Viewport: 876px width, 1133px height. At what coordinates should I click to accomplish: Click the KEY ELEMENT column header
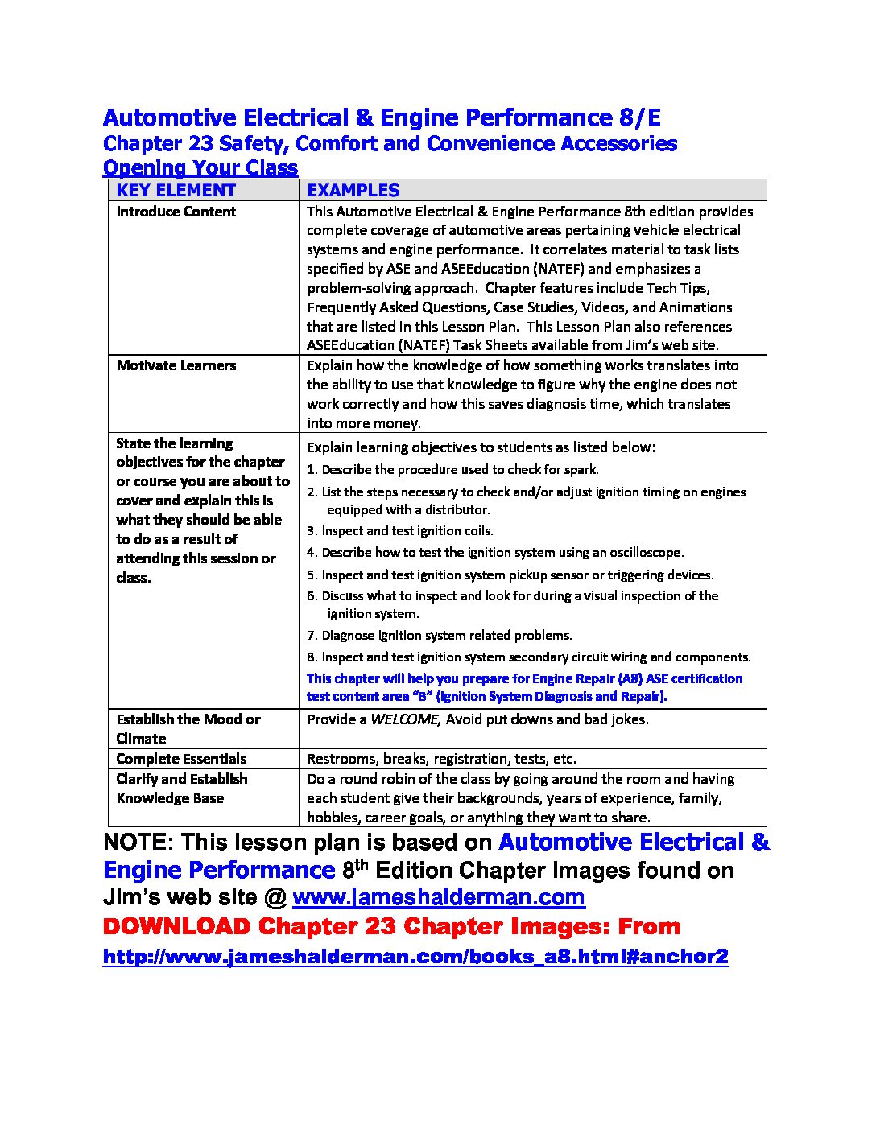tap(176, 191)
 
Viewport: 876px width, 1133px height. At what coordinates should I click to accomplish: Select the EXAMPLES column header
tap(353, 191)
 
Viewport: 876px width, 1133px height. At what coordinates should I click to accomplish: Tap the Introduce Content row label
tap(176, 212)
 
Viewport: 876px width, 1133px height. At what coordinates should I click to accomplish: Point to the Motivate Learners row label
tap(176, 365)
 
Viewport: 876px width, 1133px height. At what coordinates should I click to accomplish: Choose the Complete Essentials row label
tap(181, 759)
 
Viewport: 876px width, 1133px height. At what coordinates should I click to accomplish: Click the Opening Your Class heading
tap(200, 168)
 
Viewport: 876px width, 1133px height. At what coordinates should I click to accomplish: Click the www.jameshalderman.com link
tap(438, 897)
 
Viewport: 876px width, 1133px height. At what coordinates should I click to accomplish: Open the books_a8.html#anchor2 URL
tap(415, 957)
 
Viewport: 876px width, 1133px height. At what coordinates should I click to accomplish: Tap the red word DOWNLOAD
tap(176, 927)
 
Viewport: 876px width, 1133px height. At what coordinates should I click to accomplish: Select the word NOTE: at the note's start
tap(138, 843)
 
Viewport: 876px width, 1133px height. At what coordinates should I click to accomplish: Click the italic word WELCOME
tap(405, 719)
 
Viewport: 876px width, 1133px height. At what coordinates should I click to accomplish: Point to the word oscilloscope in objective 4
tap(643, 553)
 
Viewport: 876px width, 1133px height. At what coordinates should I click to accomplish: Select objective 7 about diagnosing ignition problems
tap(440, 636)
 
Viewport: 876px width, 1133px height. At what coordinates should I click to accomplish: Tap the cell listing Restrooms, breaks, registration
tap(531, 759)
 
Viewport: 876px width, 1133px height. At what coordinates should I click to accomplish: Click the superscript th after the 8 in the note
tap(362, 865)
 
